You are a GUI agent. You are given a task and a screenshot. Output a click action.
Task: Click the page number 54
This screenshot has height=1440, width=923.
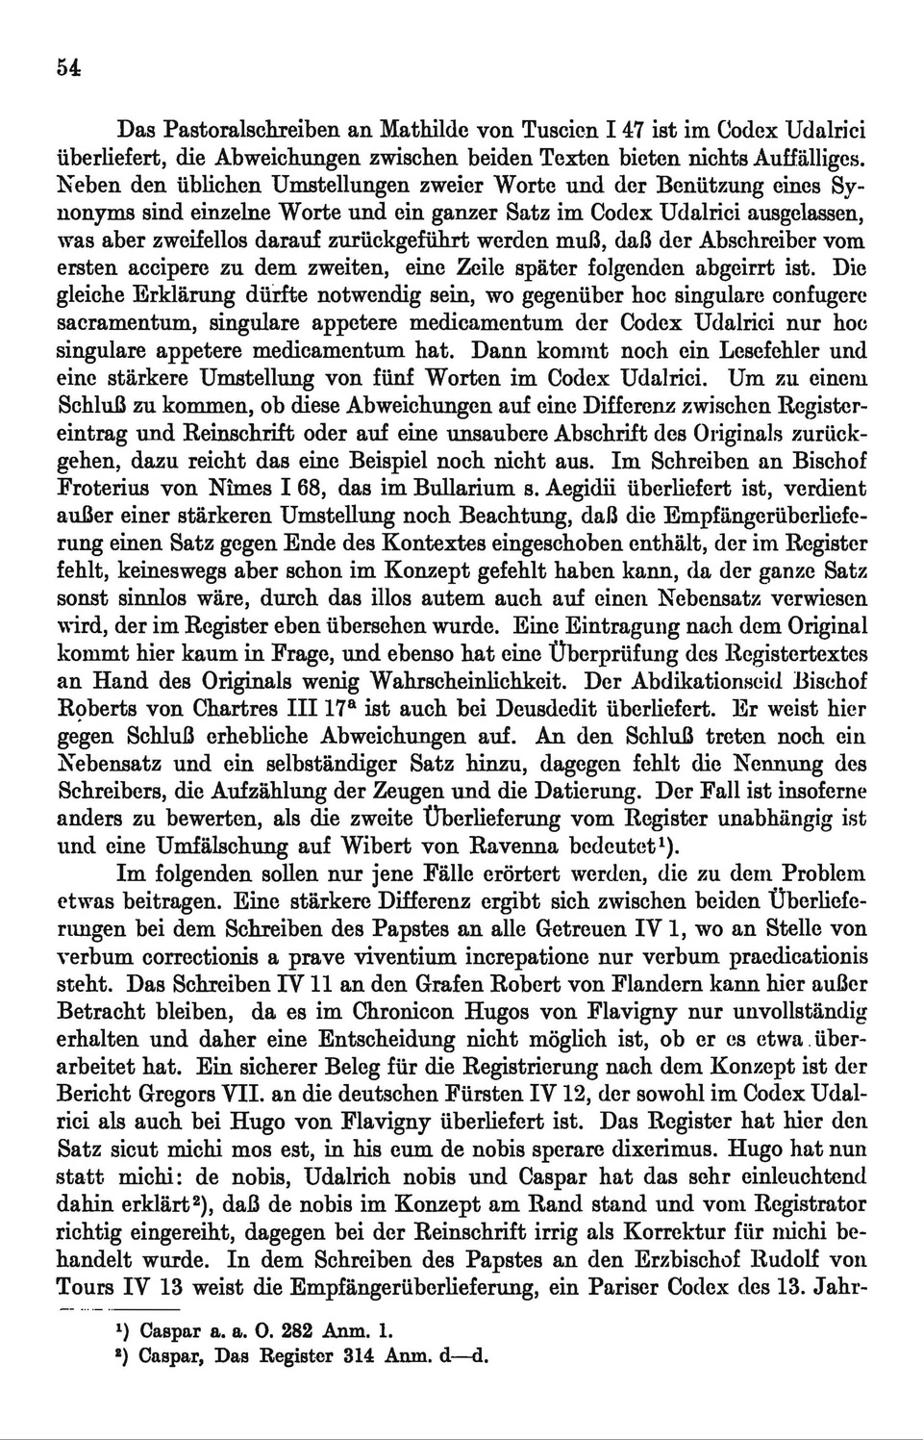tap(67, 67)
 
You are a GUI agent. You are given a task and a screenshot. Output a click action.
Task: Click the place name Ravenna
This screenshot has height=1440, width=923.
tap(525, 847)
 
